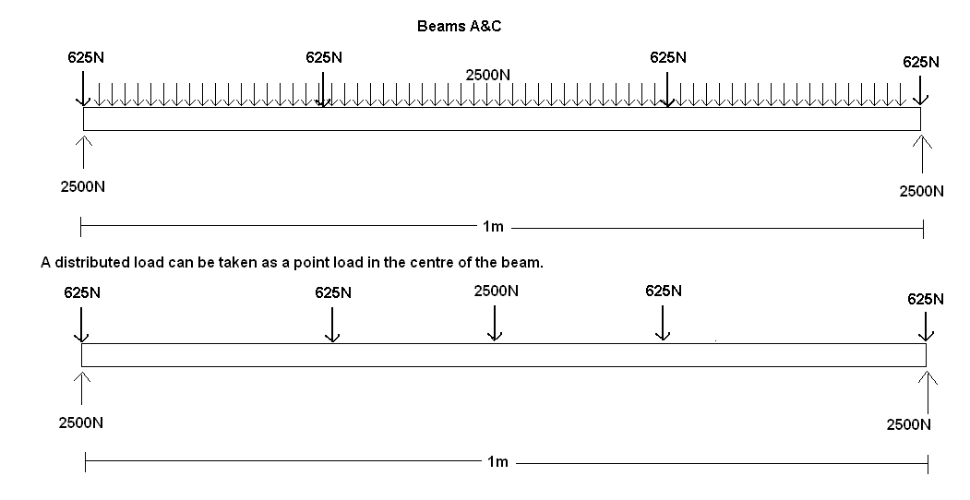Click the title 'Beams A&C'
pyautogui.click(x=459, y=27)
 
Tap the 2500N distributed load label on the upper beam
pyautogui.click(x=488, y=75)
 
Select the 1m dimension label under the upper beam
pyautogui.click(x=494, y=226)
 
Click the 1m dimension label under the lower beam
pyautogui.click(x=497, y=462)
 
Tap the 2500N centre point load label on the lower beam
pyautogui.click(x=496, y=291)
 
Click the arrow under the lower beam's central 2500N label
pyautogui.click(x=495, y=322)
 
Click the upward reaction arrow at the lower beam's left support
pyautogui.click(x=84, y=388)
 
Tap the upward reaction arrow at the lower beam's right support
pyautogui.click(x=928, y=391)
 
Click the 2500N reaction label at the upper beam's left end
pyautogui.click(x=82, y=186)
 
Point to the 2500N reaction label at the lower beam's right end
pyautogui.click(x=908, y=424)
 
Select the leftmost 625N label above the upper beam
pyautogui.click(x=86, y=57)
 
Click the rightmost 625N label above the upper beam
pyautogui.click(x=920, y=62)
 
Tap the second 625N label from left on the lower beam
pyautogui.click(x=333, y=293)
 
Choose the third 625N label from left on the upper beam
pyautogui.click(x=667, y=57)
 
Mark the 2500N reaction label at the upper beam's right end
pyautogui.click(x=921, y=192)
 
